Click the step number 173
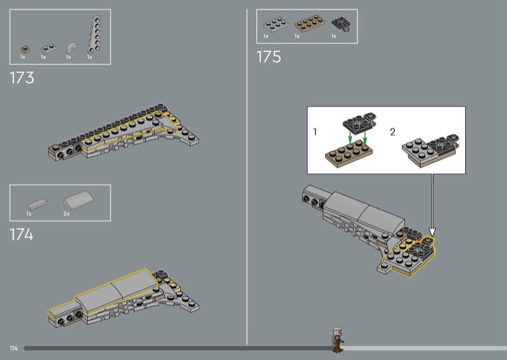(22, 78)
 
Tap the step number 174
(22, 235)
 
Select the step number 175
(269, 57)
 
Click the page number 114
(13, 349)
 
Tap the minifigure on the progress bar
(338, 340)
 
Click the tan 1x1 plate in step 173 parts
(25, 49)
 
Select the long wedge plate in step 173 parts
(94, 34)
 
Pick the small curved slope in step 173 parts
(72, 48)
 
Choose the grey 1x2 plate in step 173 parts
(49, 49)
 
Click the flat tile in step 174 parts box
(37, 204)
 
